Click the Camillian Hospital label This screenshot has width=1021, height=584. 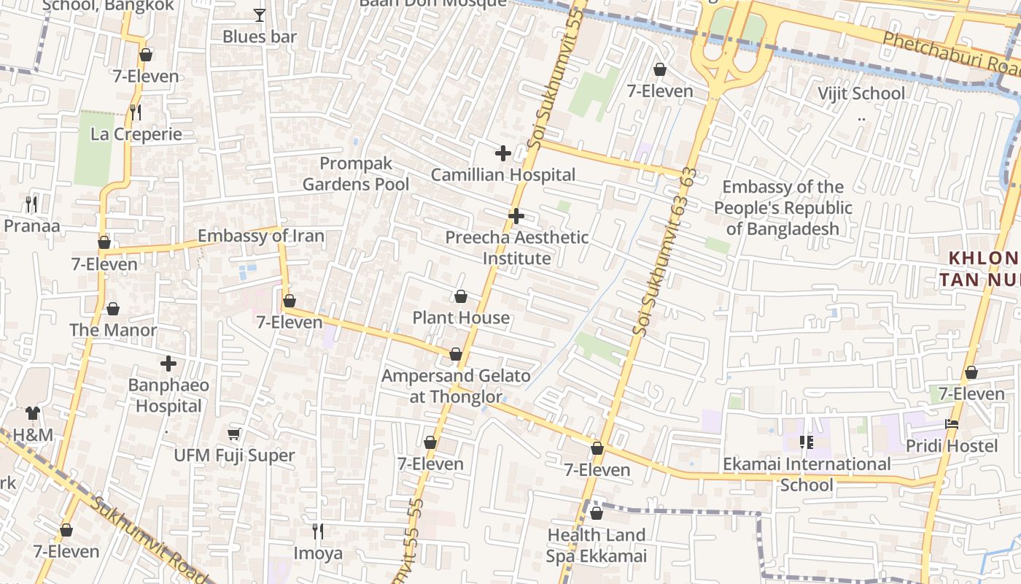point(502,175)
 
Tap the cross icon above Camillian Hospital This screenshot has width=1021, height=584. point(502,153)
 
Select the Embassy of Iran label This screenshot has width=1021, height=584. point(261,237)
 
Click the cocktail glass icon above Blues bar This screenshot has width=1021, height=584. point(259,15)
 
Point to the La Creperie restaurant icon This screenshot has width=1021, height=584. point(136,112)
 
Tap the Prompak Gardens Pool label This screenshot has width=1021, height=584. point(356,174)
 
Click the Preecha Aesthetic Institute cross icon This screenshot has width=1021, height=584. point(516,216)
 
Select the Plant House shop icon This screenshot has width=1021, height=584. point(461,296)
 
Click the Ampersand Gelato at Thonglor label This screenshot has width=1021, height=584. point(457,386)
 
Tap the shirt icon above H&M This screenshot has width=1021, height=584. point(33,413)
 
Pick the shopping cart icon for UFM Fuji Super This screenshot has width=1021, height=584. point(233,434)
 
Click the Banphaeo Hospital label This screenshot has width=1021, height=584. point(168,395)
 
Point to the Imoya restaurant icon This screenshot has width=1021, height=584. point(317,531)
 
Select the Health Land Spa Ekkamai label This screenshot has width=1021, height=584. point(597,545)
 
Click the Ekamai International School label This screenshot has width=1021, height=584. point(807,474)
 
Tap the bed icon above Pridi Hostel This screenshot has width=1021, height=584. point(951,423)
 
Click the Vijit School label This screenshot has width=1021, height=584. point(861,93)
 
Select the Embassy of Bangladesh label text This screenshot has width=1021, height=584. point(783,208)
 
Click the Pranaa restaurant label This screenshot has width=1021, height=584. point(32,226)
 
